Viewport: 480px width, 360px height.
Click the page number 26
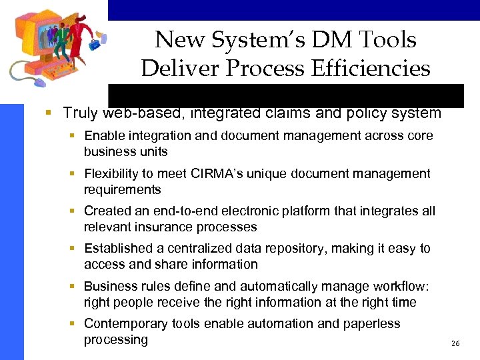[x=455, y=343]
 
